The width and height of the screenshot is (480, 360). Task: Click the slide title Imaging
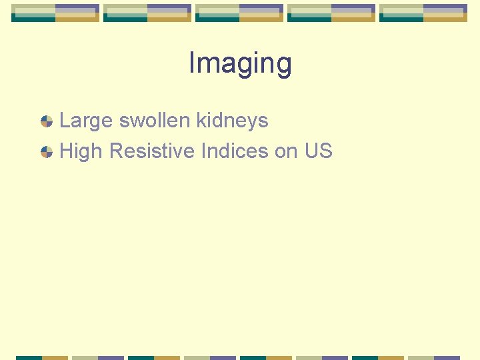[x=240, y=64]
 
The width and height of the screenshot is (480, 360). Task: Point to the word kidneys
[x=232, y=121]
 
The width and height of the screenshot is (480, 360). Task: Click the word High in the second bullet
[x=81, y=151]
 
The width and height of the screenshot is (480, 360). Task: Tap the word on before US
[x=286, y=151]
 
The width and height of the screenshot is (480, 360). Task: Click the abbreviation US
[x=318, y=151]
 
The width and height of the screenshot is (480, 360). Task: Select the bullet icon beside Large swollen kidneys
[x=47, y=121]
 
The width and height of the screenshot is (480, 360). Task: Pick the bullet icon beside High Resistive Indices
[x=47, y=152]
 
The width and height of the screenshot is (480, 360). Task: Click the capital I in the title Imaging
[x=192, y=63]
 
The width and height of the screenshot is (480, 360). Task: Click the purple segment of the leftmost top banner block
[x=77, y=9]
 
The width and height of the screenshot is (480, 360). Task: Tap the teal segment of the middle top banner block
[x=217, y=19]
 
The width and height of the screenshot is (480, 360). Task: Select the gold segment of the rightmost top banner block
[x=445, y=18]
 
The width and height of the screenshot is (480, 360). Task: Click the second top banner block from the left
[x=147, y=13]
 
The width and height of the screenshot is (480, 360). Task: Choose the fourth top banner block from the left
[x=331, y=13]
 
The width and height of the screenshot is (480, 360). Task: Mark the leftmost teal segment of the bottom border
[x=29, y=357]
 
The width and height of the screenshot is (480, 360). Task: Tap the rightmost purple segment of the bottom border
[x=447, y=357]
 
